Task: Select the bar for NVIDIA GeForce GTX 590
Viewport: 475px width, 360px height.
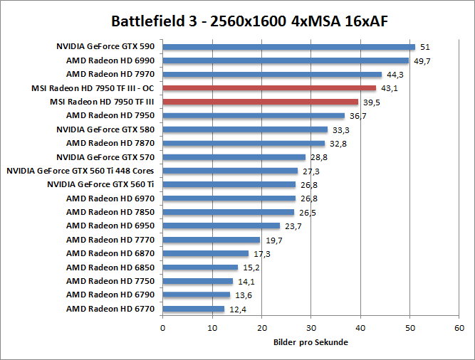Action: (288, 47)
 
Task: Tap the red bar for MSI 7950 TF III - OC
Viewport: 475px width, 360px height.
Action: (269, 88)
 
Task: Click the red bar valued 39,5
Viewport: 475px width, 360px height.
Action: (260, 102)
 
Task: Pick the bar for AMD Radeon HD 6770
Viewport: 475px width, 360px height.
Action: (194, 309)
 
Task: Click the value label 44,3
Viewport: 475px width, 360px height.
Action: (394, 75)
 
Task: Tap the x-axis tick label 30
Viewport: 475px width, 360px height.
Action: (310, 328)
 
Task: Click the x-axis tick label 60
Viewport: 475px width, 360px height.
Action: (459, 328)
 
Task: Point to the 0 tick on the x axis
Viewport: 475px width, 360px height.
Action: (163, 328)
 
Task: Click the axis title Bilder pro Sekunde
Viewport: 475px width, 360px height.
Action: (310, 342)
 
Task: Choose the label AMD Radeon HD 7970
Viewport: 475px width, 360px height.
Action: (110, 74)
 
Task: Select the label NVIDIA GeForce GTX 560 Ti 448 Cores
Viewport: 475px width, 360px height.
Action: (80, 171)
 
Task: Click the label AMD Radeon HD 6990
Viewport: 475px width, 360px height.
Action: (110, 60)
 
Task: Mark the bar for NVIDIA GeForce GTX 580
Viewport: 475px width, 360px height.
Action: (245, 129)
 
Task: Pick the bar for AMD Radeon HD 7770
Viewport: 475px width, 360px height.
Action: (212, 240)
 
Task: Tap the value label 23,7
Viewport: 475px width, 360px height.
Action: (292, 226)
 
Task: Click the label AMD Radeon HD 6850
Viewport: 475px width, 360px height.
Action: (110, 267)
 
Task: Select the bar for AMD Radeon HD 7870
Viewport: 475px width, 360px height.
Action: (244, 143)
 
